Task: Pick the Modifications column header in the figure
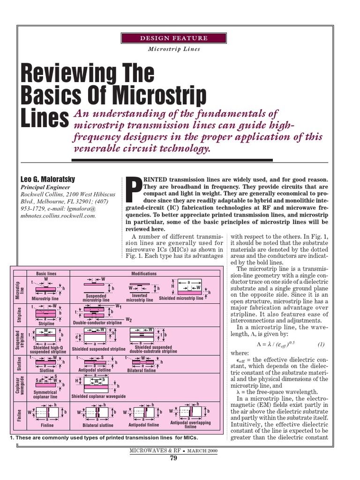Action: click(144, 273)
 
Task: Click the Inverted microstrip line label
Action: click(140, 298)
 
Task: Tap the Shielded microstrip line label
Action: click(181, 298)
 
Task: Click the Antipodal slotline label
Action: click(94, 370)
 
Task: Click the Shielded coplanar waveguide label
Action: click(98, 396)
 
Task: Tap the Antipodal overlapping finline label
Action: click(190, 425)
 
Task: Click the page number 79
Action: click(173, 458)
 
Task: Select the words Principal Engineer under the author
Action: click(43, 186)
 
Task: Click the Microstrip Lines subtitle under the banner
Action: click(174, 49)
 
